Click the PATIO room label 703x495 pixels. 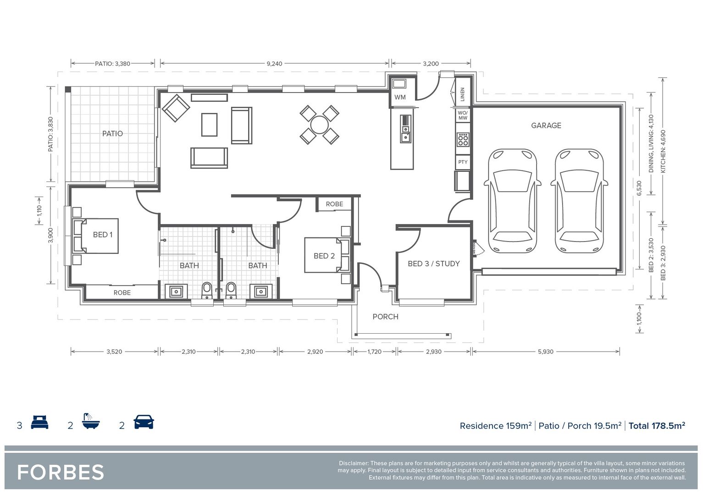click(x=112, y=133)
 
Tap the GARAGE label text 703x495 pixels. click(x=546, y=125)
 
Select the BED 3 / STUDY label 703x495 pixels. click(x=433, y=264)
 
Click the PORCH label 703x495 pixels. click(x=385, y=317)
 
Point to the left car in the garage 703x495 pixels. click(x=512, y=201)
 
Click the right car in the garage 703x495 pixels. click(x=579, y=201)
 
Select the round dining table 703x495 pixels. click(x=319, y=125)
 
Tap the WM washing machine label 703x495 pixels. click(x=400, y=97)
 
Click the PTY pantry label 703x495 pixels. click(x=463, y=162)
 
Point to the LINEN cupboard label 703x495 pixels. click(x=462, y=94)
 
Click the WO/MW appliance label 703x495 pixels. click(x=463, y=115)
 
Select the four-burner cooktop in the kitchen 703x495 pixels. click(x=463, y=139)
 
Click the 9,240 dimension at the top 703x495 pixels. click(x=274, y=64)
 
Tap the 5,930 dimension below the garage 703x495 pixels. click(x=545, y=352)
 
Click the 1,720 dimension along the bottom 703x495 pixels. click(x=374, y=352)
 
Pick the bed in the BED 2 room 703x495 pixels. click(x=327, y=255)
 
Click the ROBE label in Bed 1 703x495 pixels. click(x=122, y=292)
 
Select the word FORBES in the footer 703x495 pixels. click(x=61, y=473)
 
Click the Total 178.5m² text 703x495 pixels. click(x=657, y=426)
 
